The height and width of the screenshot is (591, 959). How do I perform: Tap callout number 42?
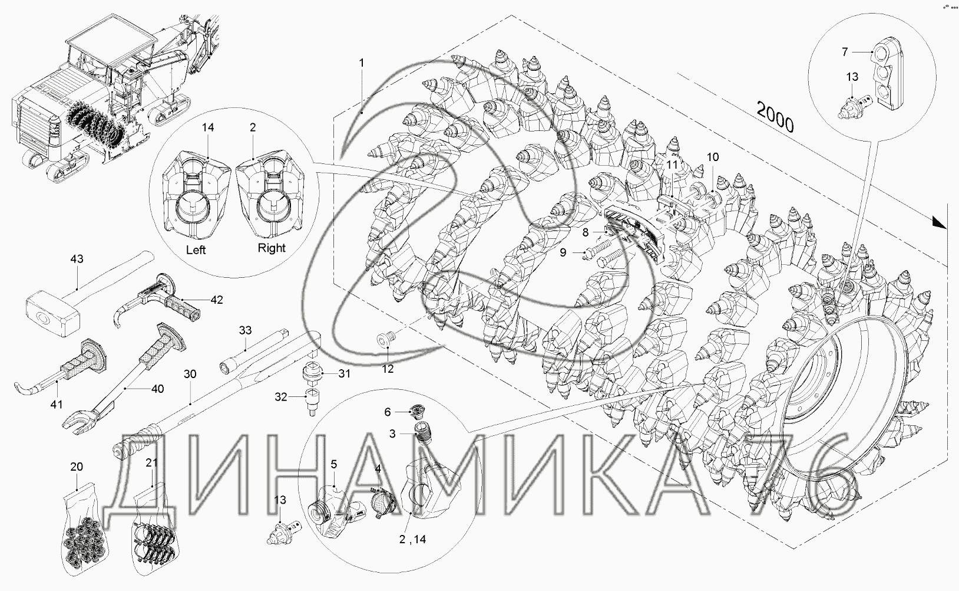(217, 300)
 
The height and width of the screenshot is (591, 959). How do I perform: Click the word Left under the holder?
(196, 249)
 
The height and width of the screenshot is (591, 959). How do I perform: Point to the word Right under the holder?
(271, 248)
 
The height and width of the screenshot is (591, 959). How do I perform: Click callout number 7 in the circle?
(844, 52)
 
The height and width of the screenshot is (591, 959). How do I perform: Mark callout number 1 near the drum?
(362, 63)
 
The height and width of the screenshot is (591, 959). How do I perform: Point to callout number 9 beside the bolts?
(563, 252)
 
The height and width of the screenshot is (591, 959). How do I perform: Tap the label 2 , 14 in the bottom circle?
(413, 539)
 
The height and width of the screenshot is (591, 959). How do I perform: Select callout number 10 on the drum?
(713, 157)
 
